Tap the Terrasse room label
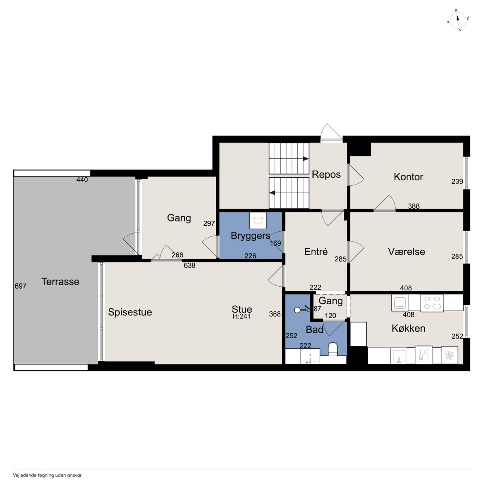[x=60, y=281]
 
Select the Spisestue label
[x=130, y=312]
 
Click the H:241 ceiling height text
[x=241, y=316]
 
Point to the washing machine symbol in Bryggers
[x=258, y=221]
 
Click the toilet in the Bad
[x=333, y=349]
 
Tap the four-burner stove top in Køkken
[x=432, y=303]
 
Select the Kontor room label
[x=408, y=177]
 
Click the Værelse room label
[x=406, y=251]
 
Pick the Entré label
[x=316, y=251]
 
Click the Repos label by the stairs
[x=326, y=174]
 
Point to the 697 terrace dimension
[x=20, y=286]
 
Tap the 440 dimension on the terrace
[x=82, y=180]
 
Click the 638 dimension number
[x=189, y=265]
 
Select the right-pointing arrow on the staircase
[x=306, y=158]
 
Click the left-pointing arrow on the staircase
[x=272, y=193]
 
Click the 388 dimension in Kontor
[x=414, y=206]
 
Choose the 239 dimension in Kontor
[x=457, y=181]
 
